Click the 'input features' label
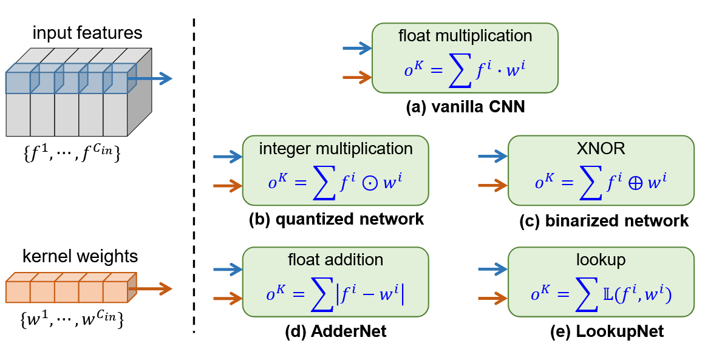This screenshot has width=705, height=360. tap(87, 33)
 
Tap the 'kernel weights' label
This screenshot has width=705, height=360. tap(80, 256)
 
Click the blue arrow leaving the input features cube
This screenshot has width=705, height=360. tap(150, 79)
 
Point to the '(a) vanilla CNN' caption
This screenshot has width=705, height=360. tap(465, 107)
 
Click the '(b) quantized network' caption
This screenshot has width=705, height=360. tap(336, 219)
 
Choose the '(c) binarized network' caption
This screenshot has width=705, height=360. tap(604, 220)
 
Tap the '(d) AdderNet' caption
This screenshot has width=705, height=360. tap(336, 331)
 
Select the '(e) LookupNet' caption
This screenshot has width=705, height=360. tap(607, 331)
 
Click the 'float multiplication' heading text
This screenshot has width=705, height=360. tap(465, 36)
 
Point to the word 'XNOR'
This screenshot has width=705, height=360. tap(601, 148)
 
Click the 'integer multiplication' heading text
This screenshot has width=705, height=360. tap(336, 148)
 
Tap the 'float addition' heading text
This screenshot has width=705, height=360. tap(336, 260)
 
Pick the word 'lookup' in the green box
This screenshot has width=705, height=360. tap(601, 260)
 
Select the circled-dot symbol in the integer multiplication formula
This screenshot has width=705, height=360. tap(370, 185)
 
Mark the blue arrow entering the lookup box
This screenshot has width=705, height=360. tap(493, 270)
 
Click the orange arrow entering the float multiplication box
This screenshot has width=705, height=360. tap(358, 77)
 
